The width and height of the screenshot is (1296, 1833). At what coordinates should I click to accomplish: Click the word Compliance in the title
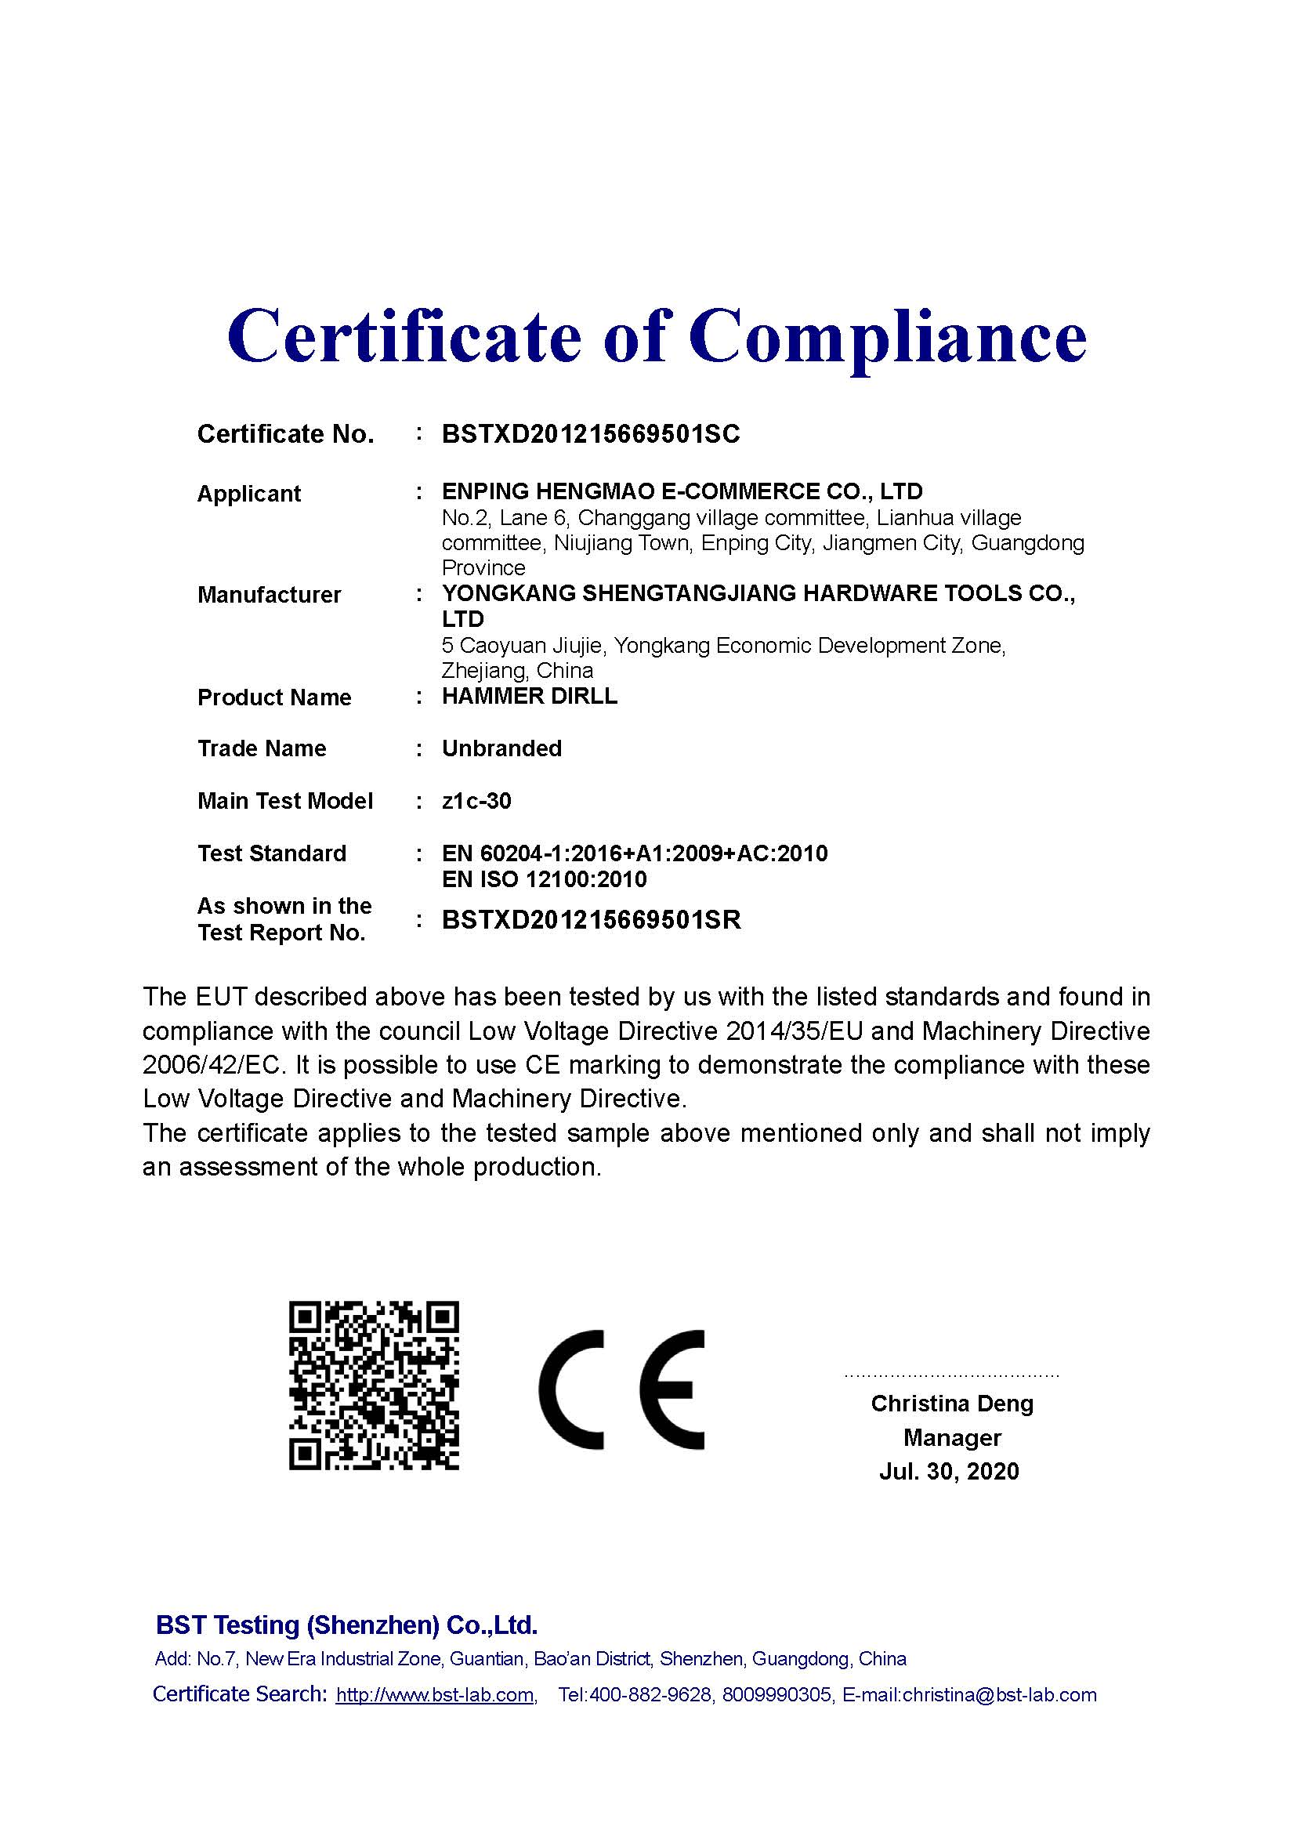coord(888,336)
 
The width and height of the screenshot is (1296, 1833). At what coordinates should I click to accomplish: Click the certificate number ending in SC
coord(591,434)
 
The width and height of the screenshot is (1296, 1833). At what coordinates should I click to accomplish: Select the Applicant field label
coord(249,494)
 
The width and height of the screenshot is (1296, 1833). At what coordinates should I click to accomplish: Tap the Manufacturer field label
coord(269,595)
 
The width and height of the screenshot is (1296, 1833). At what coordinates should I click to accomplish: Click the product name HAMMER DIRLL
coord(529,696)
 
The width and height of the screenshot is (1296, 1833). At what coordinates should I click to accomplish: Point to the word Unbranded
coord(501,749)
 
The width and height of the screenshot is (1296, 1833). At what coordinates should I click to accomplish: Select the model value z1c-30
coord(476,801)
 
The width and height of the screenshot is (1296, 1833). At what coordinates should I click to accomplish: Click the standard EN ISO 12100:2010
coord(545,880)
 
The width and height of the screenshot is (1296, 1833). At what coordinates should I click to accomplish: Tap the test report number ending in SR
coord(592,920)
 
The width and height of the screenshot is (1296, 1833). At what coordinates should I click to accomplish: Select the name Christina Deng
coord(951,1404)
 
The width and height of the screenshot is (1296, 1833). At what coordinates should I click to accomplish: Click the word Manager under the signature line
coord(951,1438)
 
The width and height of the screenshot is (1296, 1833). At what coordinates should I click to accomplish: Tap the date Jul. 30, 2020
coord(949,1472)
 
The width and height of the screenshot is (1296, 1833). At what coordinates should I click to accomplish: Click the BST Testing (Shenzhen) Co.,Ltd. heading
coord(346,1625)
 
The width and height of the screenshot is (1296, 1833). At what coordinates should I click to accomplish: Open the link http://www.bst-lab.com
coord(435,1695)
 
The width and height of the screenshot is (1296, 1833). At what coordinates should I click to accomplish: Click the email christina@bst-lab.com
coord(999,1695)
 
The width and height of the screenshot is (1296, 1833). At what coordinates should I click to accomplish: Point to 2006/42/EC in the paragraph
coord(211,1065)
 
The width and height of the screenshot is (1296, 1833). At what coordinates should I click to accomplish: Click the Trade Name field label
coord(262,749)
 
